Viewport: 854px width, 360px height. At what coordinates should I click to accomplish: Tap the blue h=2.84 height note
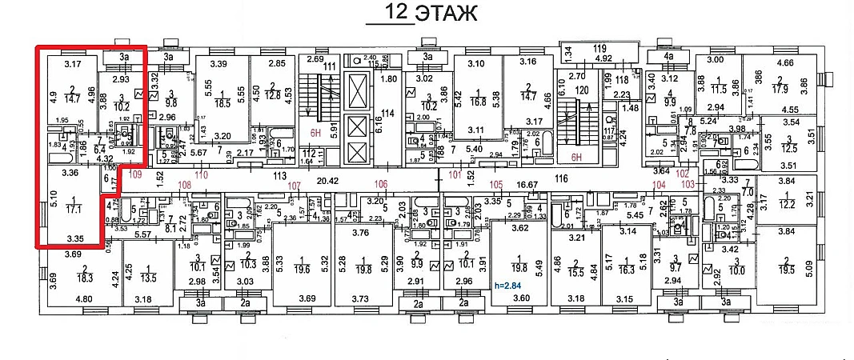pos(506,286)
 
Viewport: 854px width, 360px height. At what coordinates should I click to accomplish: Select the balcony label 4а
pos(671,57)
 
